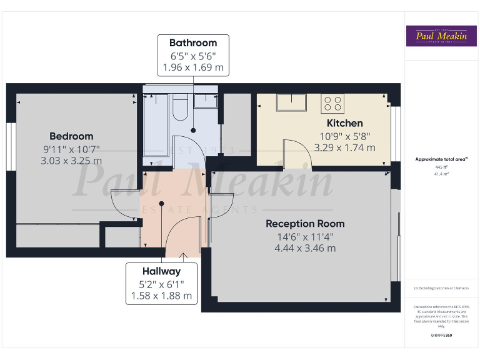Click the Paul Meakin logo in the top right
coord(441,36)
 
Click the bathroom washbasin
coord(206,101)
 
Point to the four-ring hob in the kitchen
coord(332,102)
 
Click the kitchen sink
coord(292,102)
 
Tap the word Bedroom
coord(71,136)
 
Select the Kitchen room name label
coord(344,123)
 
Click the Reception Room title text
coord(305,224)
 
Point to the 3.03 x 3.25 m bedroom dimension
coord(71,161)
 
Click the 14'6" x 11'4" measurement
coord(305,236)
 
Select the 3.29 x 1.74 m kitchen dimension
coord(344,148)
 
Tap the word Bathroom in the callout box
coord(193,43)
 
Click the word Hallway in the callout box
coord(161,271)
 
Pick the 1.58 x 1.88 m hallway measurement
coord(161,296)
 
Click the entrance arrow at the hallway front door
coord(184,255)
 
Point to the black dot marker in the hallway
coord(162,203)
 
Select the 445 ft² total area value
coord(441,167)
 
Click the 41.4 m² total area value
coord(441,174)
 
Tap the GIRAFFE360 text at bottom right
coord(441,336)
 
